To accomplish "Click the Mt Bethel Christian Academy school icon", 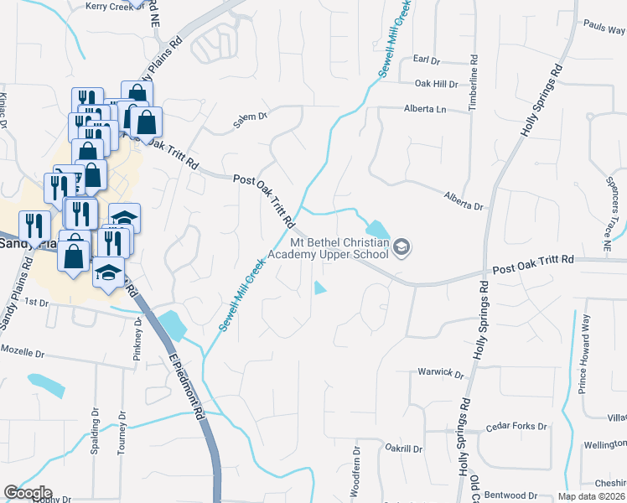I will [402, 248].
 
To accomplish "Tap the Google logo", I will [28, 493].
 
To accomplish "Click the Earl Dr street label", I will [427, 60].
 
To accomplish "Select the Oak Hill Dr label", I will [437, 85].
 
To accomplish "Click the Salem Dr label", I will [250, 122].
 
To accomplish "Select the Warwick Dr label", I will [441, 373].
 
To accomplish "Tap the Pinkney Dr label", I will [137, 337].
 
